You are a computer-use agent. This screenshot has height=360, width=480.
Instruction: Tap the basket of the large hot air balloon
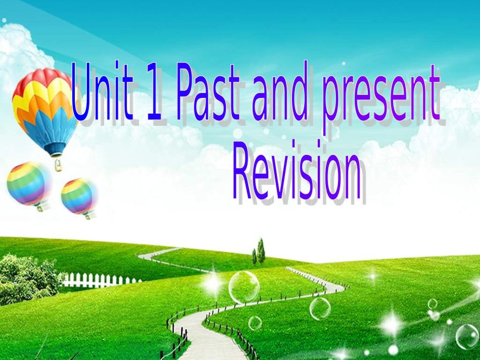(58, 165)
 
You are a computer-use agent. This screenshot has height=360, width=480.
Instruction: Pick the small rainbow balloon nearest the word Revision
(79, 196)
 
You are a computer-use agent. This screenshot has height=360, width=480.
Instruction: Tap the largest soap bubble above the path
(244, 287)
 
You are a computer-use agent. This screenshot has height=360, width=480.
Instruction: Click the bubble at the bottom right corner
(467, 336)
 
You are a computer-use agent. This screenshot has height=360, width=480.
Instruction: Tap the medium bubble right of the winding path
(320, 308)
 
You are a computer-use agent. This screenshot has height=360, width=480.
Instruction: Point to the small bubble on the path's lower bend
(255, 323)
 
